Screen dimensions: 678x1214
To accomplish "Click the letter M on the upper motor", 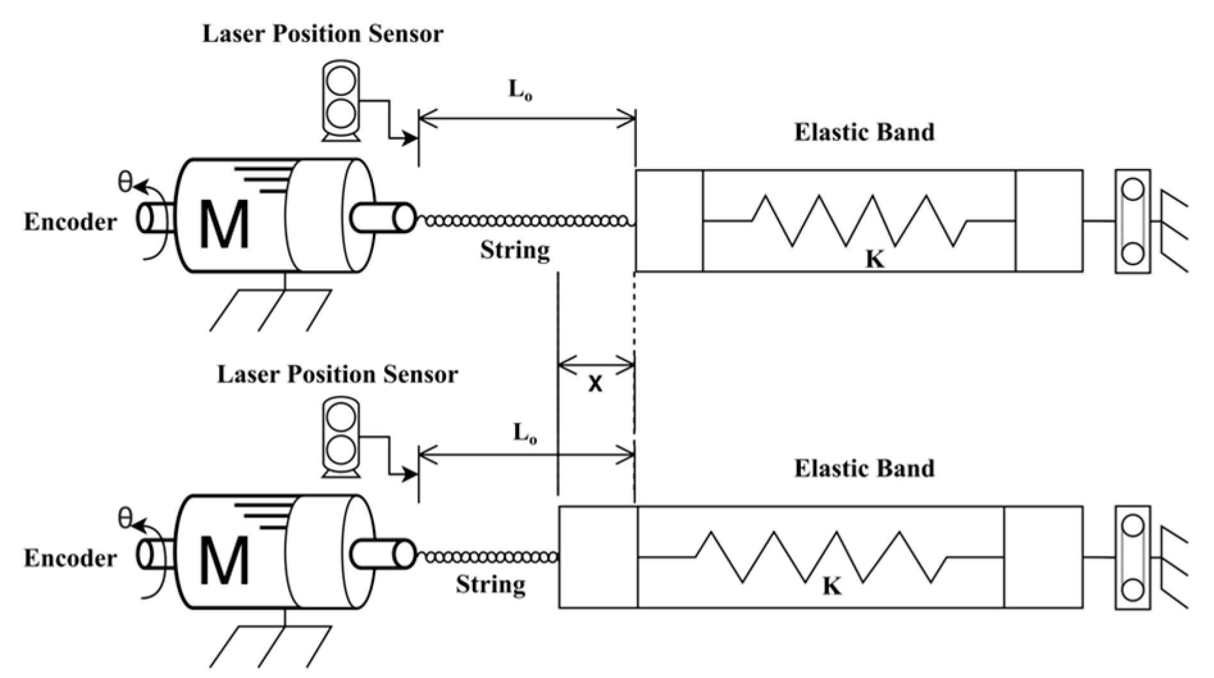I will tap(224, 224).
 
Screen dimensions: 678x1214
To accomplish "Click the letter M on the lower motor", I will tap(224, 560).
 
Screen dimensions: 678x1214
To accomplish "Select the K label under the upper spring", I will tap(875, 259).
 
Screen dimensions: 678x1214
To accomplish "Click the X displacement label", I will tap(595, 384).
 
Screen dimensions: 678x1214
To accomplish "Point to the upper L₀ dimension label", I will tap(521, 90).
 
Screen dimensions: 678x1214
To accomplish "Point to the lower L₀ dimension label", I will tap(525, 435).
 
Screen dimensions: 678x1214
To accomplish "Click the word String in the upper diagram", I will tap(515, 250).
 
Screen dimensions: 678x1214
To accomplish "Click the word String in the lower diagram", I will tap(491, 585).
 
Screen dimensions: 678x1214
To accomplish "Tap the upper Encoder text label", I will tap(70, 222).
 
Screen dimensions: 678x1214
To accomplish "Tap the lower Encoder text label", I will tap(70, 558).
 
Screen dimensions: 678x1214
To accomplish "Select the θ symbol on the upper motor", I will tap(126, 182).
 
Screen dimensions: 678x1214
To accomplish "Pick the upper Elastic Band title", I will tap(864, 133).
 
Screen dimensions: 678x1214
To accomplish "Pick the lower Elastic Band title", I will tap(864, 469).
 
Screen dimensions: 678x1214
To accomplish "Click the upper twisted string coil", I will tap(525, 221).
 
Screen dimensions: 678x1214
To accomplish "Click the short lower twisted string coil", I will tap(487, 558).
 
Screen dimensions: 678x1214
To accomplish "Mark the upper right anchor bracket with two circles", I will tap(1132, 222).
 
